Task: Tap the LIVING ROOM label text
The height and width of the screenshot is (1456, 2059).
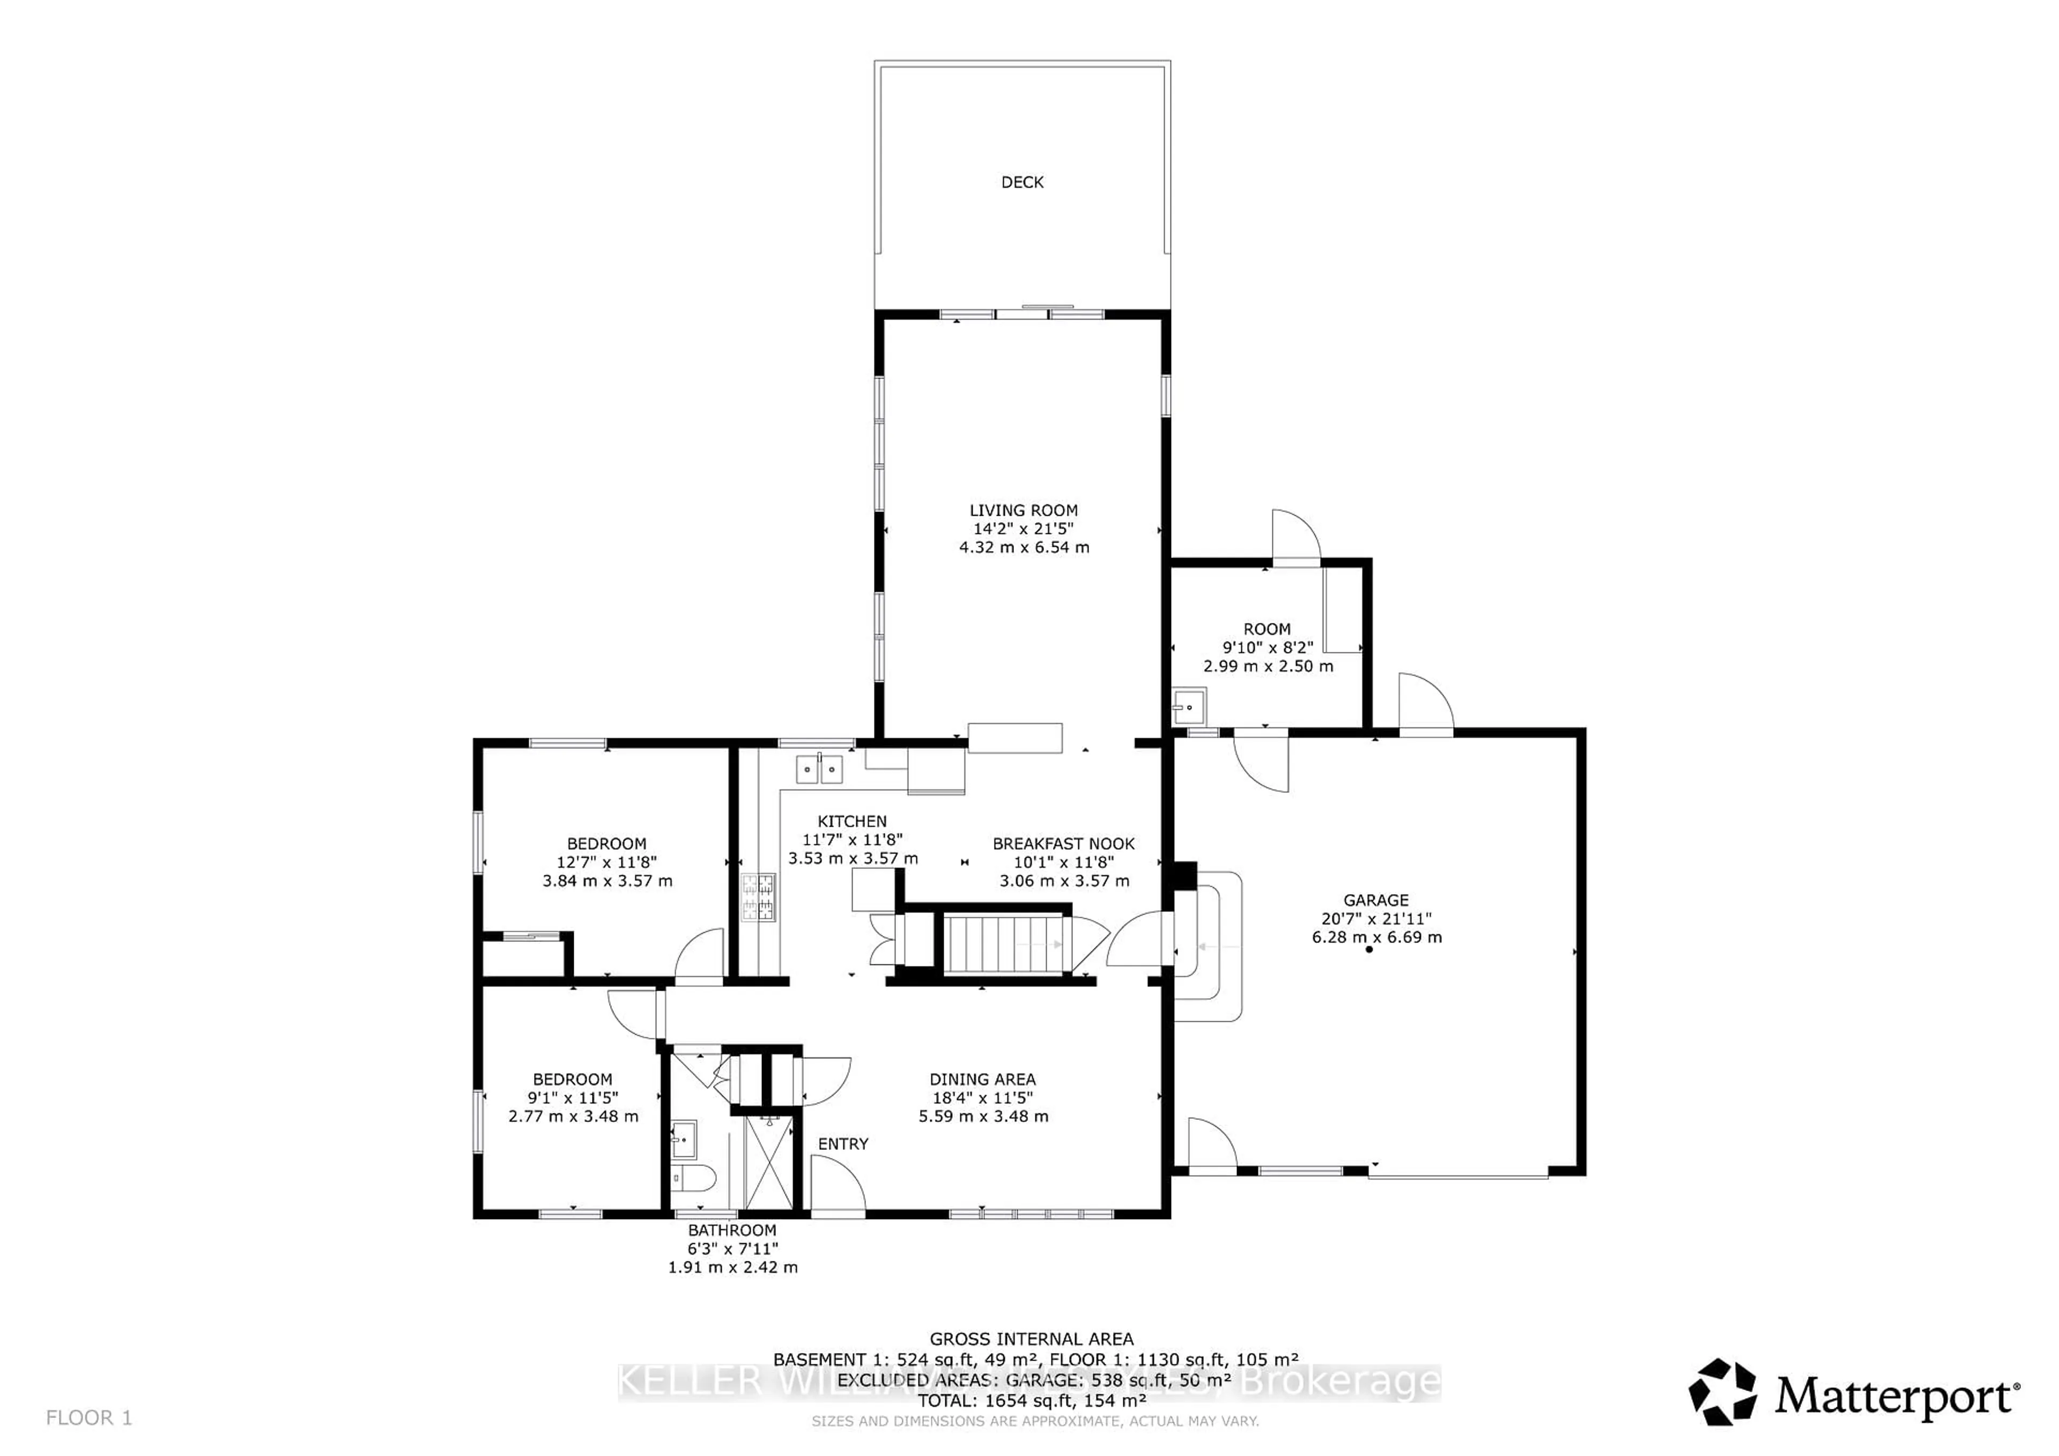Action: click(1023, 510)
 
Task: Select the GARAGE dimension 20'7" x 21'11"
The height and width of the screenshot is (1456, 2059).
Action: click(1376, 918)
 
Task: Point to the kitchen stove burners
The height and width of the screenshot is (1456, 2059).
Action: click(757, 897)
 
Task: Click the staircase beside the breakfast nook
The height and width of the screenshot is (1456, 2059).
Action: click(1006, 943)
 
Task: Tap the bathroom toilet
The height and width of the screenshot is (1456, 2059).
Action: click(694, 1176)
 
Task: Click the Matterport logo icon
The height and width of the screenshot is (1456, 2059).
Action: click(1723, 1392)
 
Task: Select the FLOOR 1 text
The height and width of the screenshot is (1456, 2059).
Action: click(89, 1417)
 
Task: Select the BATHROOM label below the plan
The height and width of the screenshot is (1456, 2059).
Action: click(732, 1230)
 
